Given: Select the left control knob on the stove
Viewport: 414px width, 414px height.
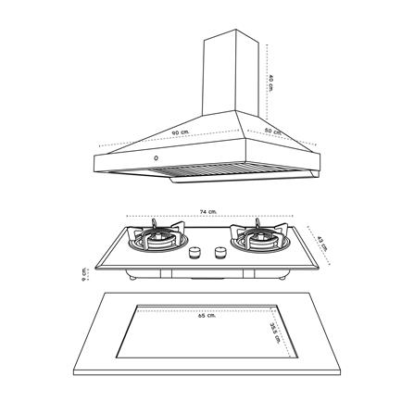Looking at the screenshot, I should [x=194, y=253].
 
